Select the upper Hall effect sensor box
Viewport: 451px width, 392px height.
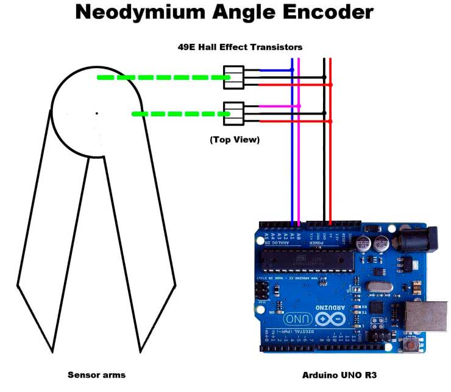tap(234, 77)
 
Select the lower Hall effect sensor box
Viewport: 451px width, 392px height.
tap(234, 113)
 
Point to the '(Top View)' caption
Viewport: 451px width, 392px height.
tap(235, 140)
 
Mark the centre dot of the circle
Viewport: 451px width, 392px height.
tap(96, 113)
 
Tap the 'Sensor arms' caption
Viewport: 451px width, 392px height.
tap(96, 375)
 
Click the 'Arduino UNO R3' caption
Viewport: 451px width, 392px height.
tap(339, 375)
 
